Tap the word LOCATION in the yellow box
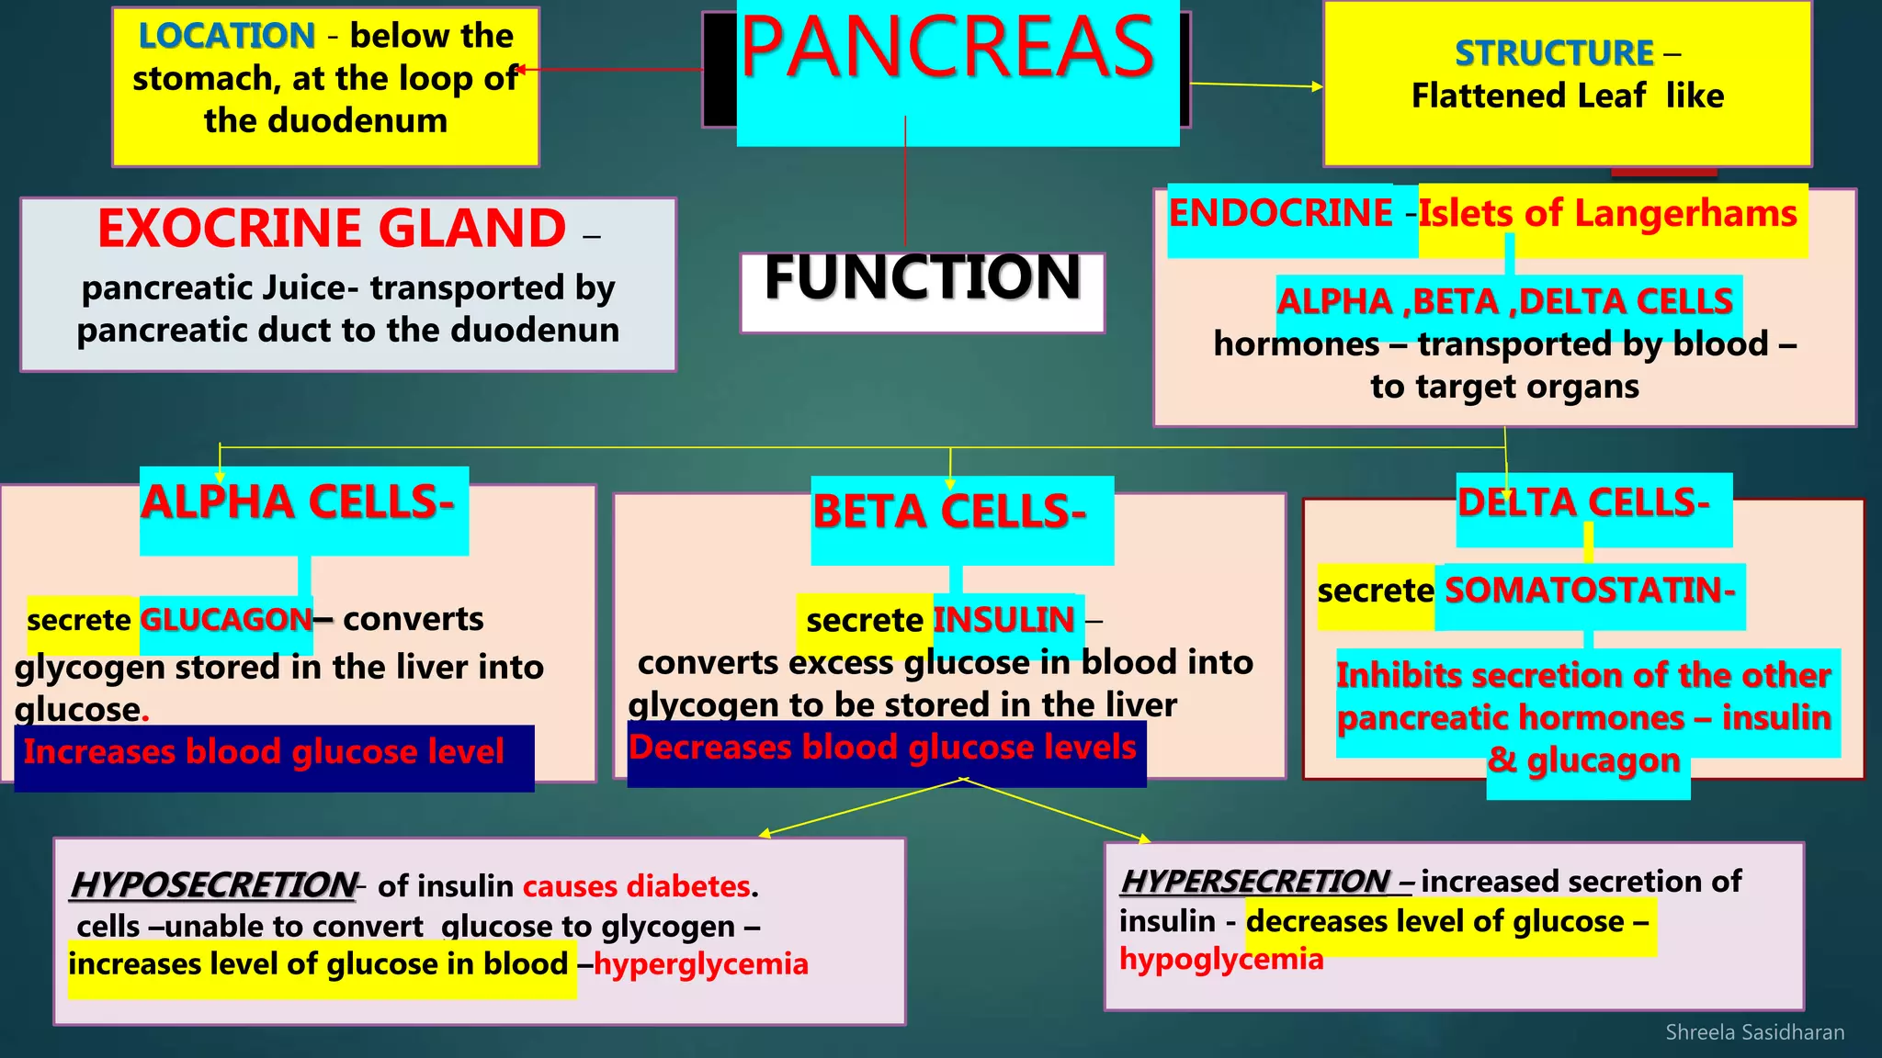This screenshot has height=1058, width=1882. pyautogui.click(x=226, y=36)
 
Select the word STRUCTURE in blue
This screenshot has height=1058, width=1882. pyautogui.click(x=1554, y=53)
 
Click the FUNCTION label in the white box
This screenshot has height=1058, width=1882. pyautogui.click(x=923, y=278)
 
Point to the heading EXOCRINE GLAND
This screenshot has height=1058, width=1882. pyautogui.click(x=332, y=229)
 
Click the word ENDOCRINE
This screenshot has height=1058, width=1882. pyautogui.click(x=1280, y=213)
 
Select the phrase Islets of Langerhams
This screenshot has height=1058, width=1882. pyautogui.click(x=1607, y=213)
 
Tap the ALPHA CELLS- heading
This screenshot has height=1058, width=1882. pyautogui.click(x=298, y=502)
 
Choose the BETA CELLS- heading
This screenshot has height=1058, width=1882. pyautogui.click(x=949, y=512)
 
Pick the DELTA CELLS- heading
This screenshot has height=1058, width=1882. pyautogui.click(x=1583, y=502)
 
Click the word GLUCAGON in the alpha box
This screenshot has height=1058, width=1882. pyautogui.click(x=226, y=620)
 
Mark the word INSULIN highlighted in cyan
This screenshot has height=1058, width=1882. pyautogui.click(x=1003, y=620)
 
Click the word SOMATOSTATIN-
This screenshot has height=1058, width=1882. pyautogui.click(x=1590, y=590)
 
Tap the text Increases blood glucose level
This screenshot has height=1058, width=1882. pyautogui.click(x=264, y=752)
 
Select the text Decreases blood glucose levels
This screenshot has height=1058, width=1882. pyautogui.click(x=882, y=748)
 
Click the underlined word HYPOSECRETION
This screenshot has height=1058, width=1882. pyautogui.click(x=213, y=885)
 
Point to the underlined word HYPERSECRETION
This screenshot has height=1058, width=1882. pyautogui.click(x=1255, y=882)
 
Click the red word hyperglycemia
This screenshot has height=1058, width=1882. pyautogui.click(x=701, y=964)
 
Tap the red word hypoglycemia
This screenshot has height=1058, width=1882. pyautogui.click(x=1221, y=959)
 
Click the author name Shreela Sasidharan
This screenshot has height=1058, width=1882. pyautogui.click(x=1754, y=1032)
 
